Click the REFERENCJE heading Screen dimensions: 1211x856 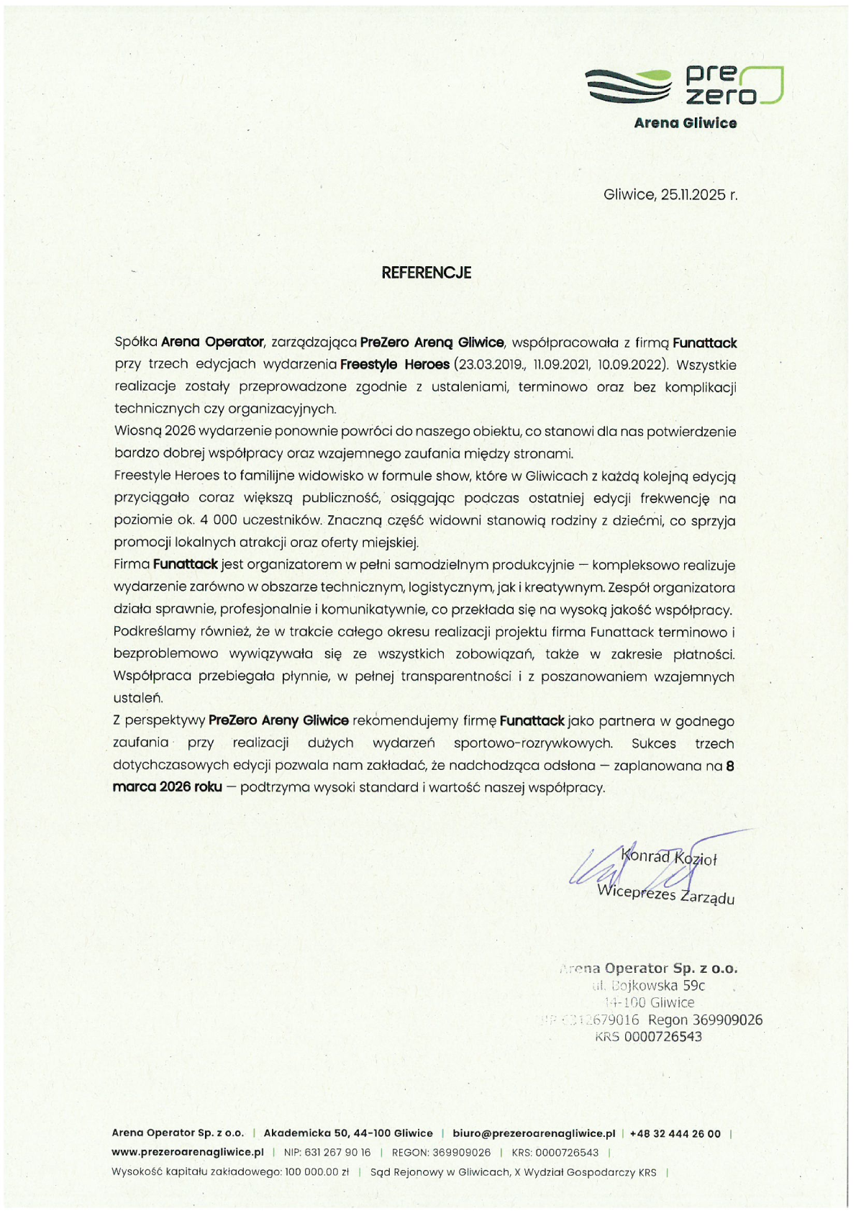tap(426, 273)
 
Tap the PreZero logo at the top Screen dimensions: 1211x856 tap(684, 86)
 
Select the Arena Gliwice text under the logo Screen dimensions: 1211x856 tap(685, 123)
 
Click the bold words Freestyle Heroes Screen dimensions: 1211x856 tap(394, 365)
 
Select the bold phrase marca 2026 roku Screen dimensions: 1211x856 tap(167, 787)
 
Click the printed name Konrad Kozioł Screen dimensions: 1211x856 tap(670, 857)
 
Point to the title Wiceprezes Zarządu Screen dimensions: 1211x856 tap(666, 894)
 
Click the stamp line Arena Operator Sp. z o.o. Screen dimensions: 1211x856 tap(649, 969)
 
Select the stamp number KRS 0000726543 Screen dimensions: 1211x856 tap(648, 1037)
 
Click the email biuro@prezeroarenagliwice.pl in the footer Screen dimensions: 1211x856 tap(534, 1133)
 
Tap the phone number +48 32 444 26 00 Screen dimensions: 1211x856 tap(675, 1133)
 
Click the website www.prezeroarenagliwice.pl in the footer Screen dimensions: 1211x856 tap(187, 1152)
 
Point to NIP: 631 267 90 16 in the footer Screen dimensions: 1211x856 tap(327, 1152)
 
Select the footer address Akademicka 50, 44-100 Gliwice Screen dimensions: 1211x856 tap(348, 1133)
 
